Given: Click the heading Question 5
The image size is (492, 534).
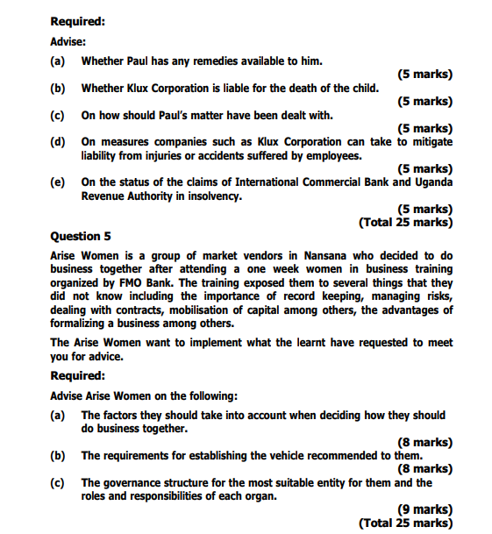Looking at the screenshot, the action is (x=81, y=236).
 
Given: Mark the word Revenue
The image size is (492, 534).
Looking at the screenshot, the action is (x=106, y=196).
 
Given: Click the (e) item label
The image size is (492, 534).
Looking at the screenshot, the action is (x=58, y=182).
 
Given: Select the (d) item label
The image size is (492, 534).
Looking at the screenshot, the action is (x=58, y=142).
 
